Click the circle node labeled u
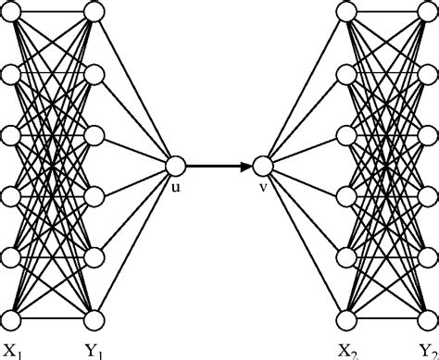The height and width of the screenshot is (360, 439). (x=176, y=167)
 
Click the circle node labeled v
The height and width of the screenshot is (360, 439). (x=263, y=167)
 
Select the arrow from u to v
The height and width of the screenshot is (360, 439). (x=219, y=167)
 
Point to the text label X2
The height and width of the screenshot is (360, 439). (x=349, y=350)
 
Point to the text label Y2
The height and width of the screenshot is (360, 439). (x=427, y=350)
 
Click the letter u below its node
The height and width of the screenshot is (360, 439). (x=176, y=188)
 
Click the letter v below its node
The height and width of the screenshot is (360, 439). (x=263, y=188)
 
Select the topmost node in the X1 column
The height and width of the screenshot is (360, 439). (x=10, y=11)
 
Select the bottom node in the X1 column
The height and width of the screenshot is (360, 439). (x=10, y=320)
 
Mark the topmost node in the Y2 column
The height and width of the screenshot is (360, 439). (x=429, y=11)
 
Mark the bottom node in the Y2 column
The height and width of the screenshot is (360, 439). (x=429, y=320)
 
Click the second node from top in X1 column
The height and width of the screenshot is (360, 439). (x=10, y=73)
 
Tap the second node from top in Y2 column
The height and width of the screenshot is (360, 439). (x=429, y=73)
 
